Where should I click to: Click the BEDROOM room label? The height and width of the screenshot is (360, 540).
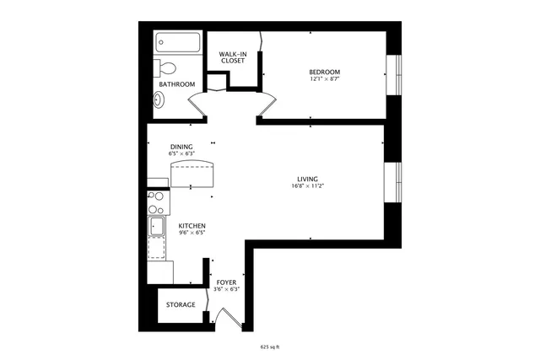(x=325, y=72)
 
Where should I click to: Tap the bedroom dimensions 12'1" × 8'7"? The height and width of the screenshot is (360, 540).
(x=325, y=79)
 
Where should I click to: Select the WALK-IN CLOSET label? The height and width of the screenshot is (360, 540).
(x=232, y=57)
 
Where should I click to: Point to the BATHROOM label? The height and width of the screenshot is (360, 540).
(x=177, y=84)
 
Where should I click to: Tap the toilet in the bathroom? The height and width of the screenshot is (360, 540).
(x=167, y=68)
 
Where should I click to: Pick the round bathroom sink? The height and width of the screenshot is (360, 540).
(x=159, y=99)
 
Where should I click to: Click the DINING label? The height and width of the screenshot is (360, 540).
(x=181, y=146)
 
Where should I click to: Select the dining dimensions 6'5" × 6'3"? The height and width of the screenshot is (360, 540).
(x=181, y=154)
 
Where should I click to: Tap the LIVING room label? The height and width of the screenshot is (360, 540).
(x=306, y=178)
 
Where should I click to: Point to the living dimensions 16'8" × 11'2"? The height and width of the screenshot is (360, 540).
(x=306, y=185)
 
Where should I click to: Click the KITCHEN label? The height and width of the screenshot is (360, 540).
(x=192, y=225)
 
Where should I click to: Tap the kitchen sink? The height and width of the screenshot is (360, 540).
(x=157, y=225)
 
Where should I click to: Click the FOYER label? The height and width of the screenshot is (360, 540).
(x=226, y=282)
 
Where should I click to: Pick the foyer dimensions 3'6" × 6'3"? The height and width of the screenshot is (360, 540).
(x=226, y=290)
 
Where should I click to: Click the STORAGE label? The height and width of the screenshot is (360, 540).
(x=181, y=304)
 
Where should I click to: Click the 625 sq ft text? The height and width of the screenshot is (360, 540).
(x=270, y=346)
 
